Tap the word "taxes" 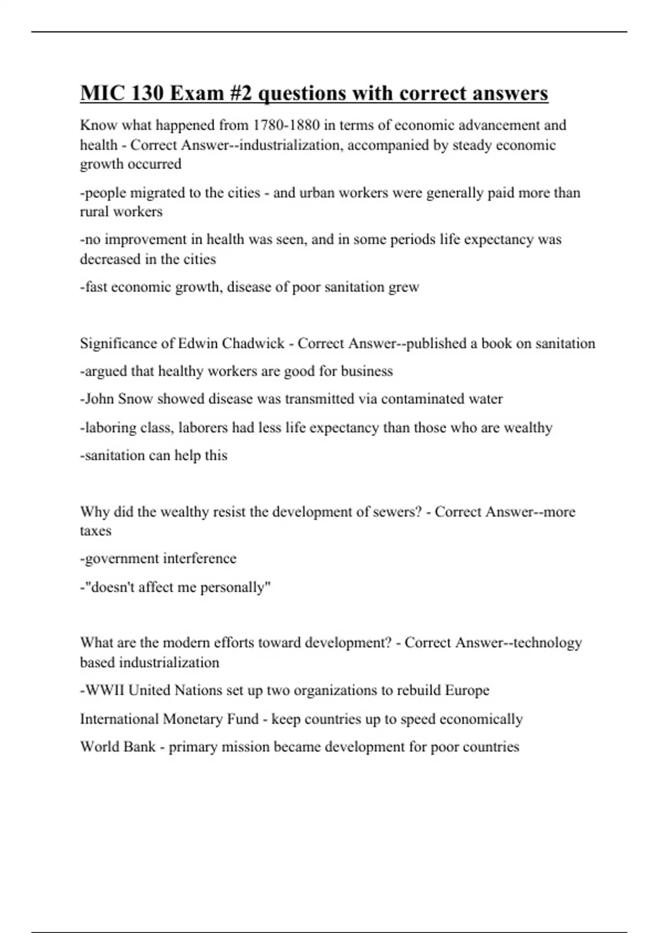96,531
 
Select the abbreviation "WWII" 104,690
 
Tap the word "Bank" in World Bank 141,747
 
